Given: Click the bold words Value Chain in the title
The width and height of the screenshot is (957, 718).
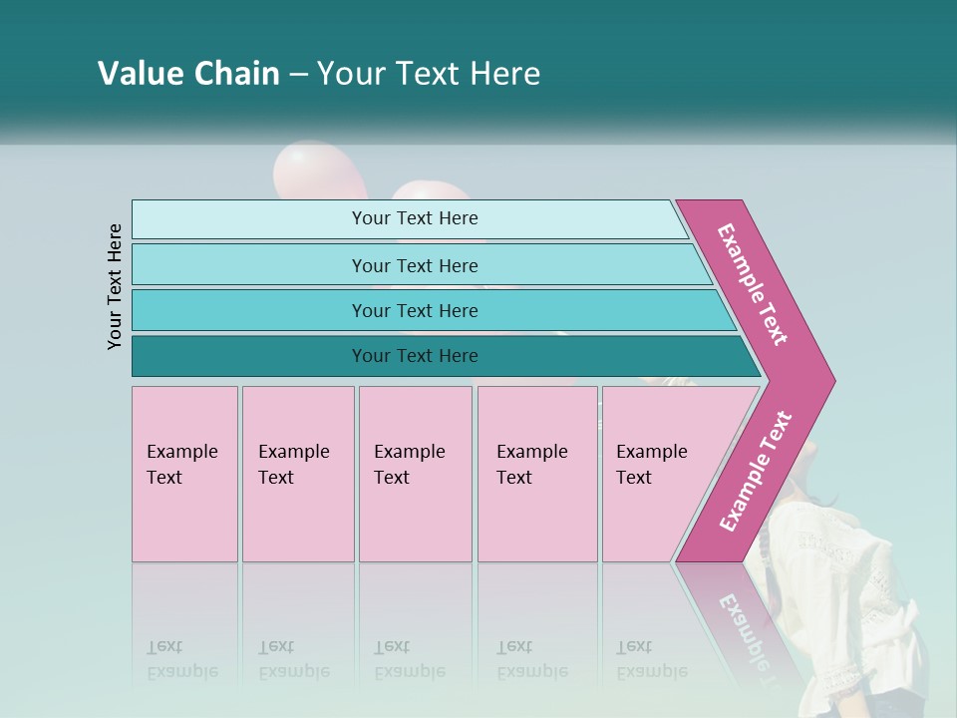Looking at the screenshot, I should [188, 74].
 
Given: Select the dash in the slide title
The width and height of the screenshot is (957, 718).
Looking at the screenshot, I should [298, 75].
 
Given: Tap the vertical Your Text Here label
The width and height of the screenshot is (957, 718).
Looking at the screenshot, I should [116, 286].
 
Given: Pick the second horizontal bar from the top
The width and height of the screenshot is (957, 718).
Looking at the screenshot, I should [414, 265].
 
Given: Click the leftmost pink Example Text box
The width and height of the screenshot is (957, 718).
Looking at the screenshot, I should [184, 474].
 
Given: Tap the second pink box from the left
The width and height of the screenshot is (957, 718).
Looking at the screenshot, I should [298, 474].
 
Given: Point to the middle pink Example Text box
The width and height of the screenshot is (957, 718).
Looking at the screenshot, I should [415, 474].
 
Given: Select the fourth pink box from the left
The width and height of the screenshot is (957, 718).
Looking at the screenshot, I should [537, 474].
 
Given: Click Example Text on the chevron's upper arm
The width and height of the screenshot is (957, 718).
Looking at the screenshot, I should [753, 284].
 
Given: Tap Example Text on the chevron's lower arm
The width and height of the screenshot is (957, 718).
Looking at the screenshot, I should [756, 471].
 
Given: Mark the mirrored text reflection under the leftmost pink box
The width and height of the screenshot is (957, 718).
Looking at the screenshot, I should [181, 660].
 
